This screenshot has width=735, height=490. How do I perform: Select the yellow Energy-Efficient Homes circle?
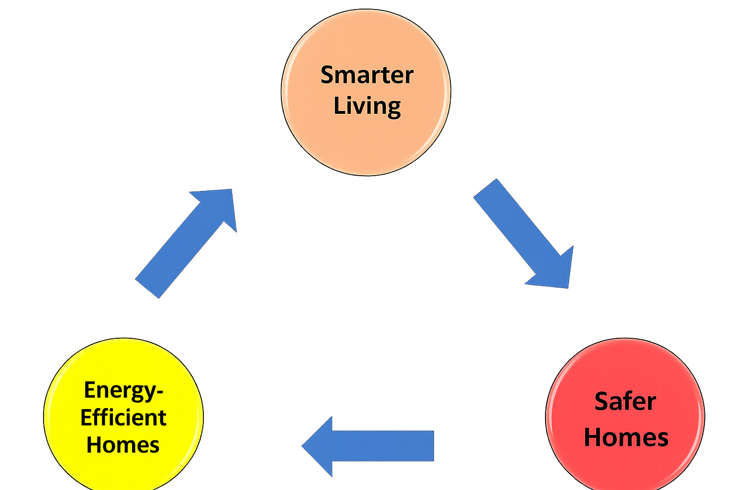pos(123,364)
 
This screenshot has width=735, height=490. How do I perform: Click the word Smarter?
pos(367,75)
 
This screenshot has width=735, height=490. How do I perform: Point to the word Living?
pos(367,106)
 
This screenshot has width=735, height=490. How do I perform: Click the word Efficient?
pos(123,418)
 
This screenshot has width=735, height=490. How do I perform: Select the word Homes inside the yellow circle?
pos(123,445)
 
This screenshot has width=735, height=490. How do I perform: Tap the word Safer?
pos(625,401)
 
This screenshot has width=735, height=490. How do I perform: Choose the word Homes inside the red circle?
pos(626,437)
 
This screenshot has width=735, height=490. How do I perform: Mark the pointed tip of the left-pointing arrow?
pos(301,445)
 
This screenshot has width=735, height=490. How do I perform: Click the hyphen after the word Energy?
pos(160,391)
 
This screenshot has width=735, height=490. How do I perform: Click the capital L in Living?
pos(338,105)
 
